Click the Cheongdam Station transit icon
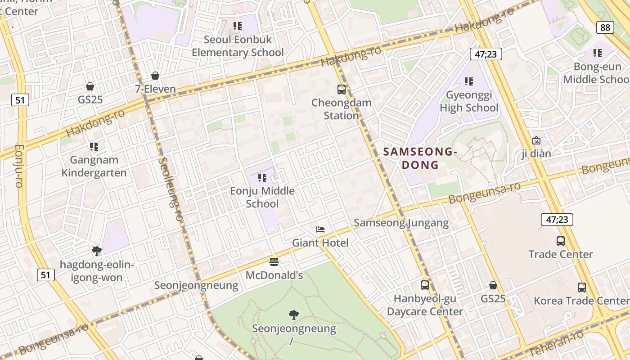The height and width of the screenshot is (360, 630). (342, 90)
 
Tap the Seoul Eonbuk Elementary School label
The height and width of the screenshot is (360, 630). (238, 46)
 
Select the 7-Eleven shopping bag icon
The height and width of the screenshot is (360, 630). (155, 76)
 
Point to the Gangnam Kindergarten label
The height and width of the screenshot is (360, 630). (94, 166)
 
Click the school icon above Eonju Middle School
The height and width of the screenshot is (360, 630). (262, 177)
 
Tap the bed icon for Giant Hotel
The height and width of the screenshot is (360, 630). (320, 229)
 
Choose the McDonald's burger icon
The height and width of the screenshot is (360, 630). (274, 261)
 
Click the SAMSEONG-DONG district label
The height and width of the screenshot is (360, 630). (420, 158)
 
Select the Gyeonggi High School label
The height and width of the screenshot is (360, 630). (469, 101)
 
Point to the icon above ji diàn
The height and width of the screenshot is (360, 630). (536, 140)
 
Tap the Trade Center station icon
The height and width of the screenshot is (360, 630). (560, 241)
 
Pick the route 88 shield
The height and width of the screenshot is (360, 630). (605, 28)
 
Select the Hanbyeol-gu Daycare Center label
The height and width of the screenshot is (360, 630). (425, 305)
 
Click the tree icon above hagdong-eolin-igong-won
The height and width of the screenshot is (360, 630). (96, 251)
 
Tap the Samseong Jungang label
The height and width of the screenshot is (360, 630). (401, 223)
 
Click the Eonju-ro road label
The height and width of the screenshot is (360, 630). (18, 165)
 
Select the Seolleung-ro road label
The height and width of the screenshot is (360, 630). (171, 189)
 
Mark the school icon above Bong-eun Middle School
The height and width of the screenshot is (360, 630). (598, 53)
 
